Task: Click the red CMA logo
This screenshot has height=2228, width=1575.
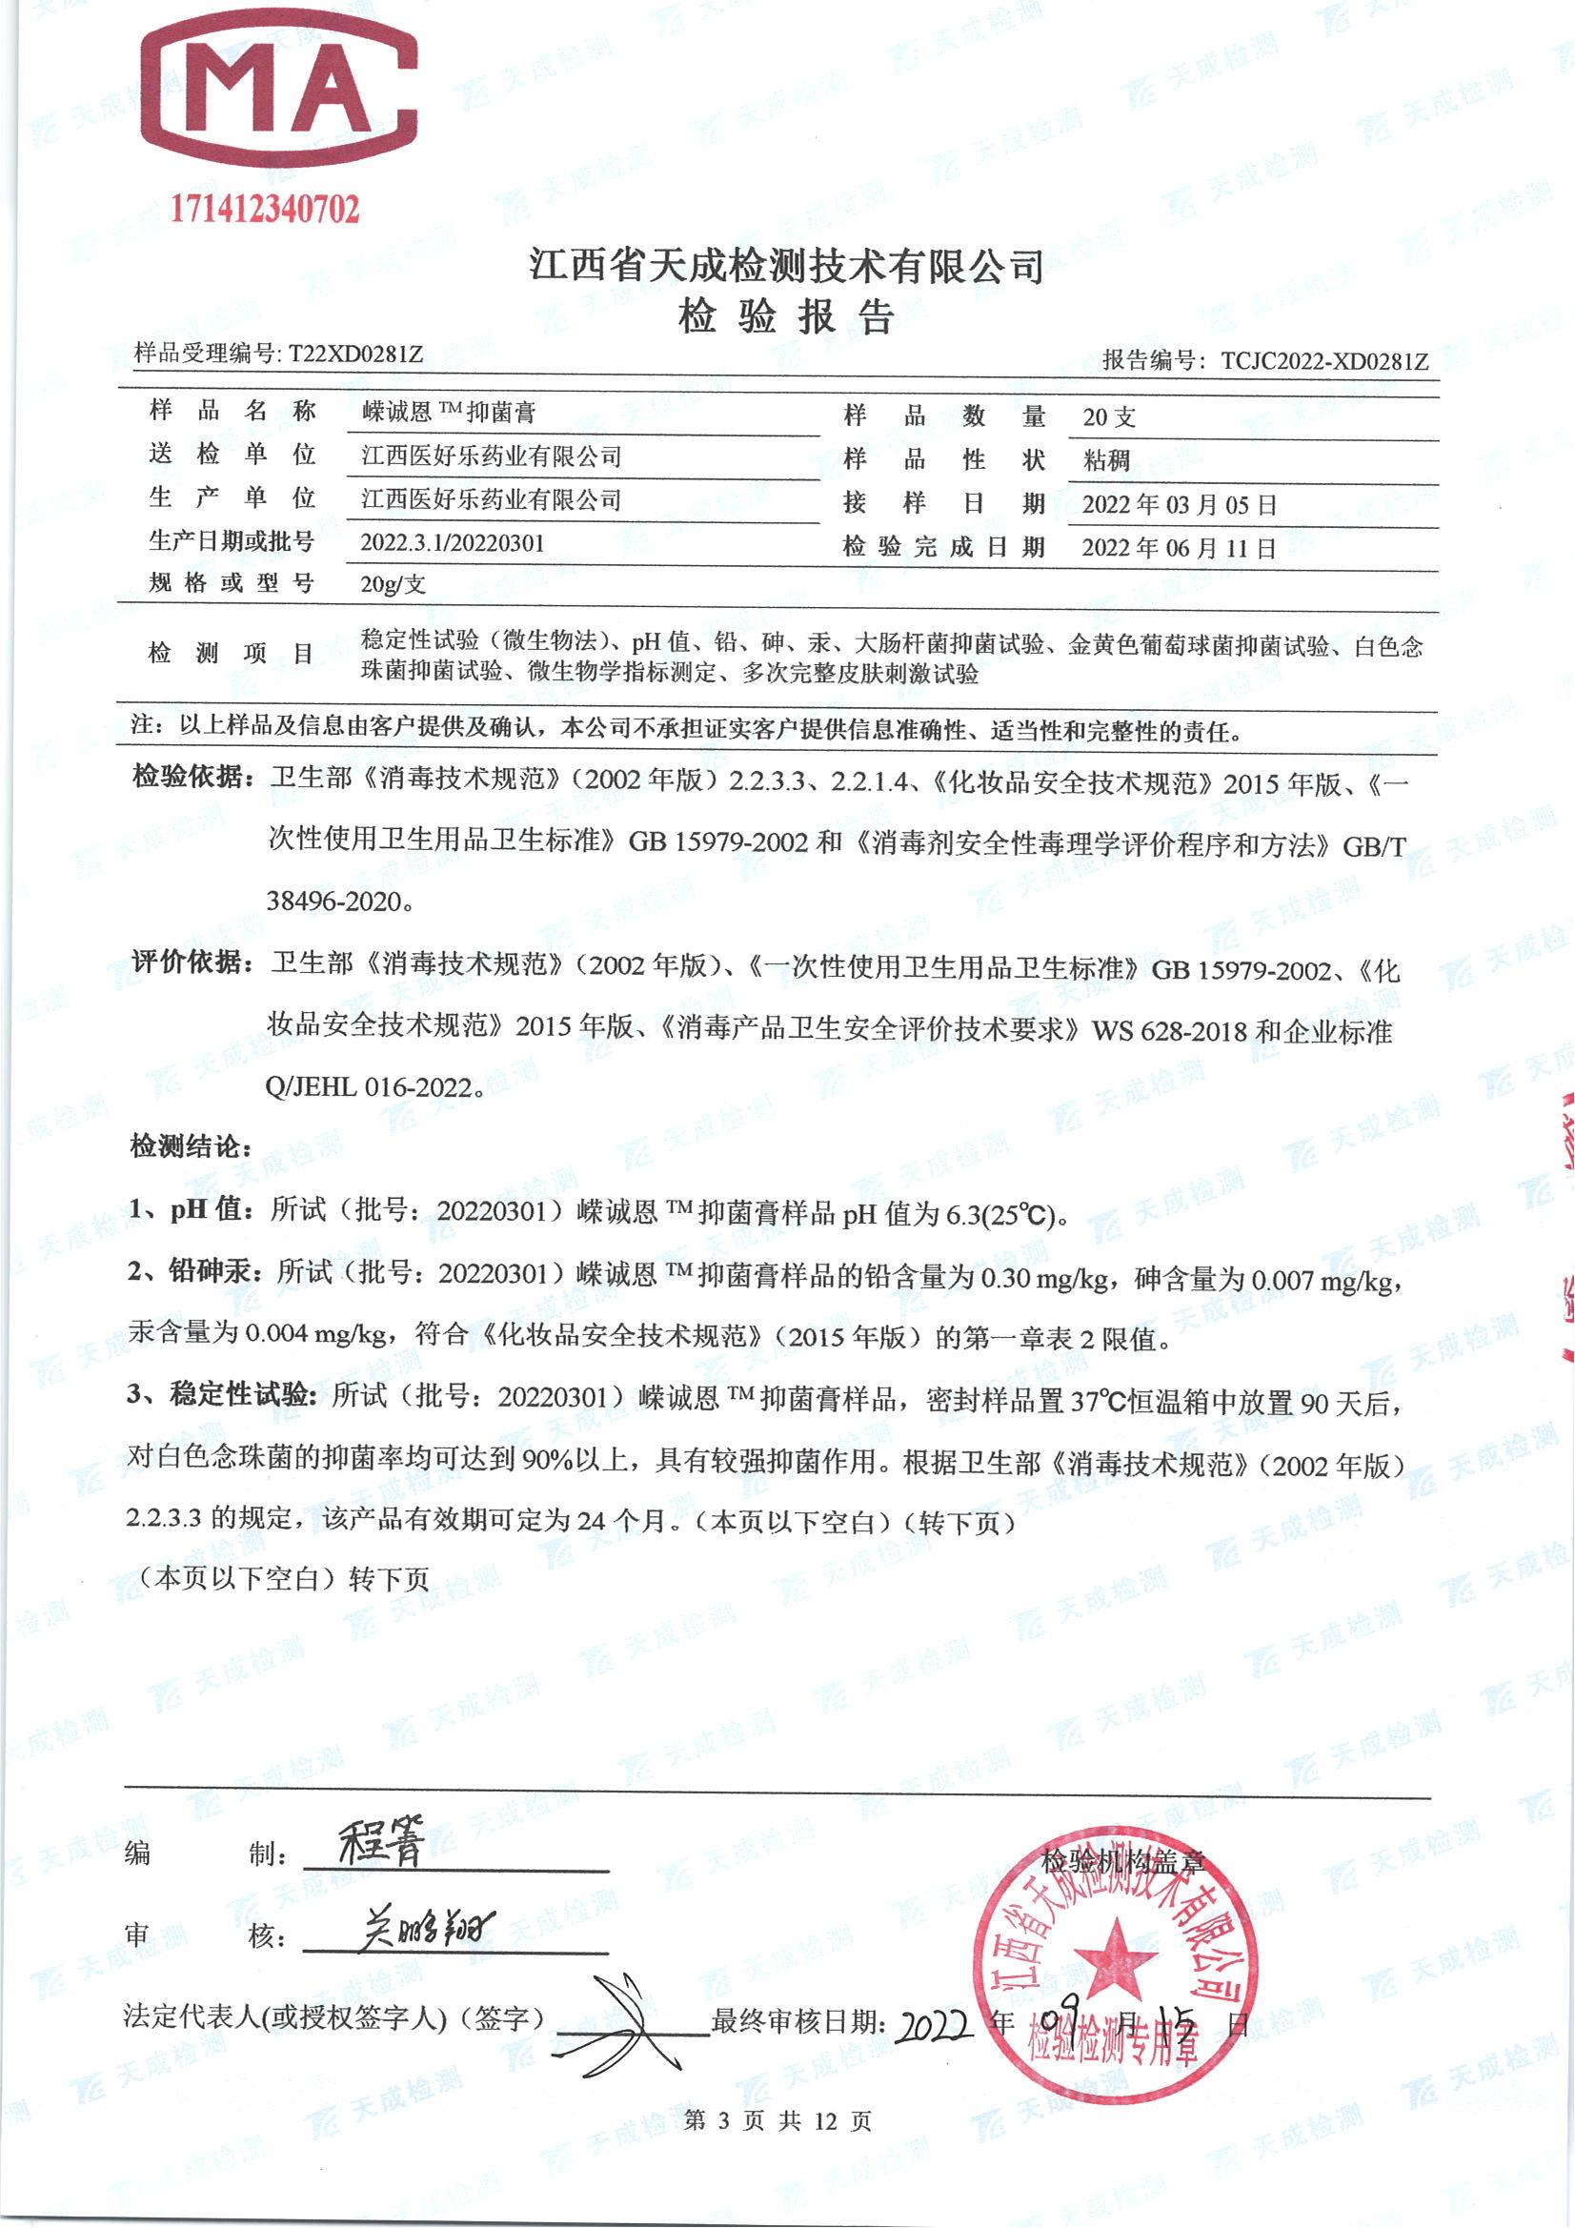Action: [279, 93]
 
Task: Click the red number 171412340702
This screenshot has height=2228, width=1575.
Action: [265, 209]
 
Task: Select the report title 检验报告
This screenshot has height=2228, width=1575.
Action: [786, 317]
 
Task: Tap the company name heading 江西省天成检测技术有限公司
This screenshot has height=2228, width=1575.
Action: [786, 265]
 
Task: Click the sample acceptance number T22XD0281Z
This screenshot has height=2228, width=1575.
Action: [356, 354]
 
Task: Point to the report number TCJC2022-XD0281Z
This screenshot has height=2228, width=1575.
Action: [1324, 361]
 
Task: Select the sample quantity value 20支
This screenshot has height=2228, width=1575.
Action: [1109, 417]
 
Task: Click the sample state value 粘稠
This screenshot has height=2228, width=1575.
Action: [1106, 460]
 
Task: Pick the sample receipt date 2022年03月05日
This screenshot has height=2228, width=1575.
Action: [1179, 505]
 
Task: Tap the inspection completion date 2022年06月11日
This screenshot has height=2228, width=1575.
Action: [1179, 548]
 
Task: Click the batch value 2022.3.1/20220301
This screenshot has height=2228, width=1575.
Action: [453, 542]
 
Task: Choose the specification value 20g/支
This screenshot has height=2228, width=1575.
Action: [393, 584]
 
